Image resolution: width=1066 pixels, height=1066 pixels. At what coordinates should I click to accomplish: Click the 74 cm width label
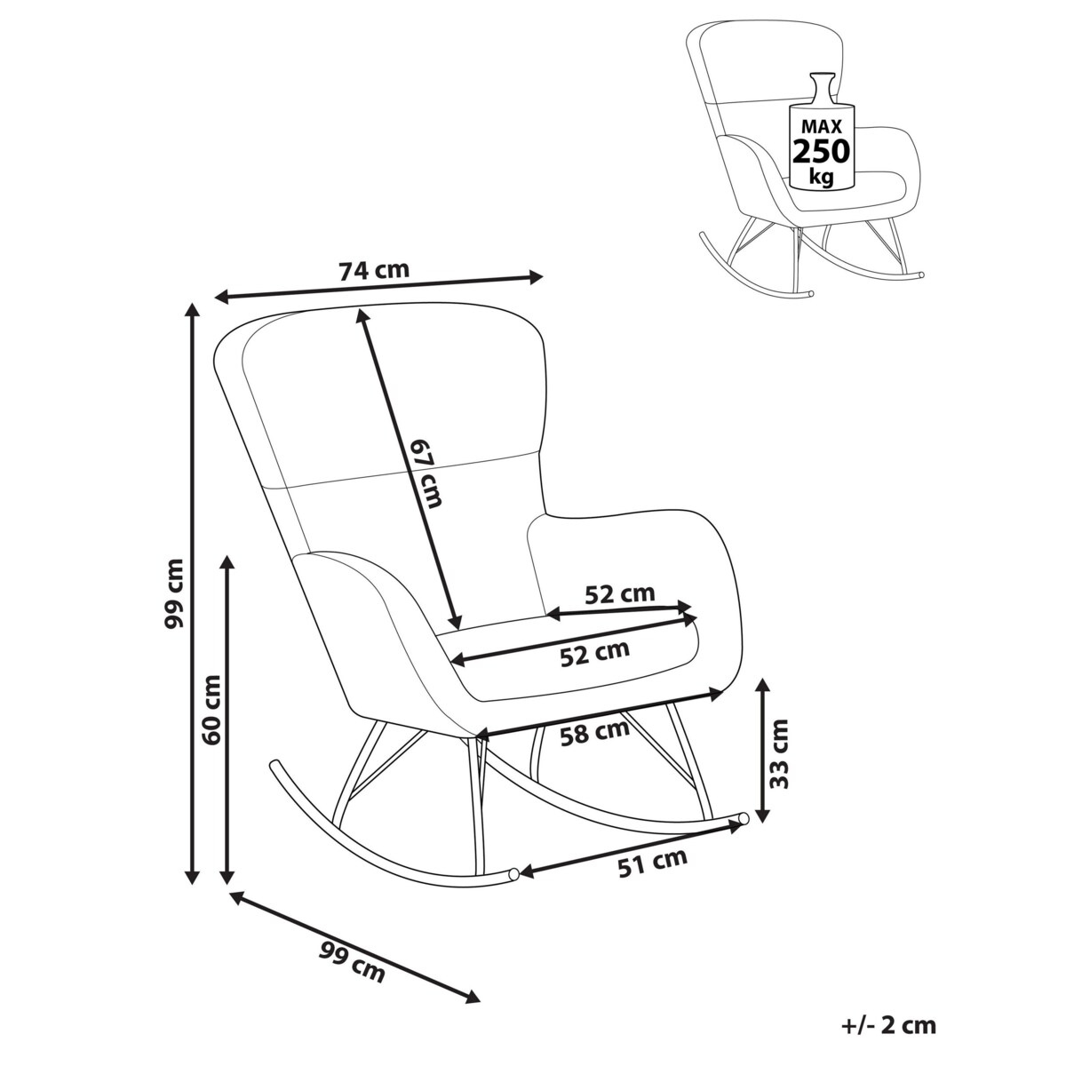(374, 270)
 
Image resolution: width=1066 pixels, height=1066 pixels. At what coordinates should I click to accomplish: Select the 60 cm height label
(211, 710)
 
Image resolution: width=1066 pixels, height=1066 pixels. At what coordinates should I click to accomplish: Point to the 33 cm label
(779, 754)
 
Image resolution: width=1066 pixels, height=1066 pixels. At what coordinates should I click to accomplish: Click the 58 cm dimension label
(594, 733)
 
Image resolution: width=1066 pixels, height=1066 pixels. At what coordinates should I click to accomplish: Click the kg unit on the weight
(821, 177)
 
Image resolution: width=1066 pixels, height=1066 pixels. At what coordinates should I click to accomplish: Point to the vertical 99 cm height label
(174, 593)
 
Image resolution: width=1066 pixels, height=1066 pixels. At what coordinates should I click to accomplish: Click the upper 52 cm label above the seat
(619, 593)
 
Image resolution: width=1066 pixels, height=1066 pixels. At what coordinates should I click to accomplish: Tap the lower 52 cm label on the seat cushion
(594, 653)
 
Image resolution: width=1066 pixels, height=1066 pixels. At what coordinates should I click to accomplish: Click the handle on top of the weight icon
(822, 87)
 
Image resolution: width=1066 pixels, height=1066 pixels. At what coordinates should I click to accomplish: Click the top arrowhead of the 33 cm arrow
(763, 686)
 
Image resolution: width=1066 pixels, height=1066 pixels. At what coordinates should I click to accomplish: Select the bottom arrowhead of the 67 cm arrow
(456, 623)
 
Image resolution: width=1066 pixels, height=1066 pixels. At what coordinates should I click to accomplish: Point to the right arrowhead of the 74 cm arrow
(536, 276)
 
